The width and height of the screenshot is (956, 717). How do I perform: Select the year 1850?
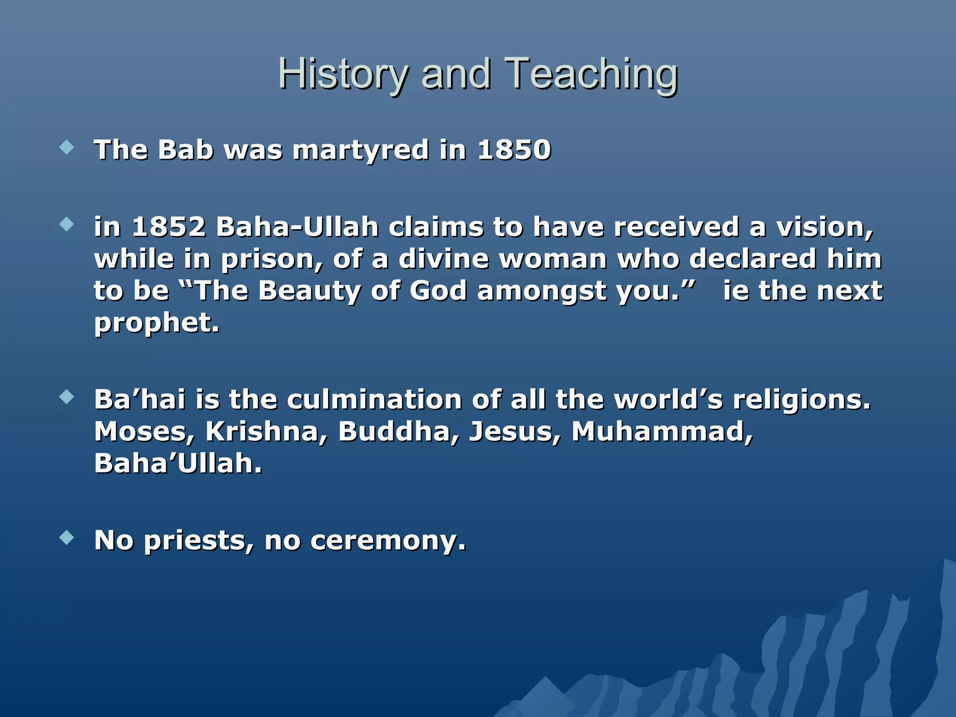coord(514,150)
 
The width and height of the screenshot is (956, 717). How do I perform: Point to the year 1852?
coord(169,227)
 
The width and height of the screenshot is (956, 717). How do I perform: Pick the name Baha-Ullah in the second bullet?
coord(297,227)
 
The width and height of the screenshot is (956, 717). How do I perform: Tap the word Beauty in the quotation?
coord(309,291)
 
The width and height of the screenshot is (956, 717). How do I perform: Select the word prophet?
coord(156,323)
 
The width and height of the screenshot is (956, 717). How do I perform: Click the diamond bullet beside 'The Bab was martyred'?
coord(67,148)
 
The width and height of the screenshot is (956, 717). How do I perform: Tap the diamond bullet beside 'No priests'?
coord(67,538)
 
